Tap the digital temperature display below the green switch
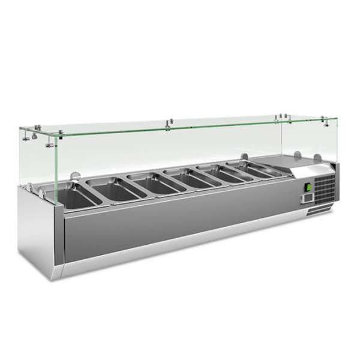[307, 196]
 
